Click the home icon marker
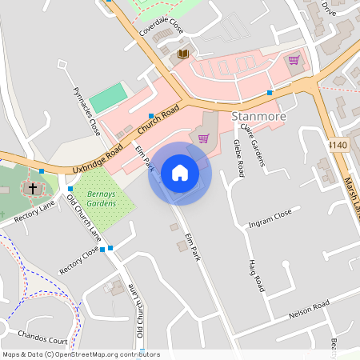[180, 173]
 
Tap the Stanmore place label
[258, 117]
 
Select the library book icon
[183, 54]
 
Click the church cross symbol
[33, 189]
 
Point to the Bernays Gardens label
[102, 199]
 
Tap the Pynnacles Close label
[86, 110]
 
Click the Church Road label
[158, 122]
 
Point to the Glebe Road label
[238, 158]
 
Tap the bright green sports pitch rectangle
[108, 98]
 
